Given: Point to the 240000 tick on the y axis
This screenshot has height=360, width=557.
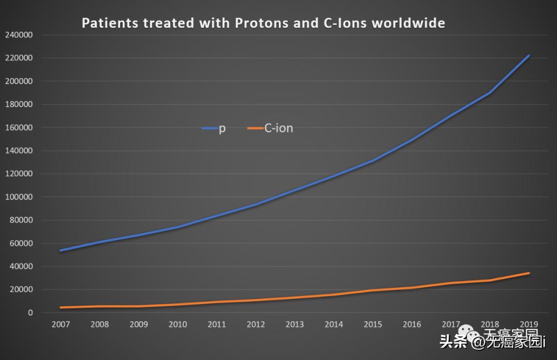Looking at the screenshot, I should [x=19, y=35].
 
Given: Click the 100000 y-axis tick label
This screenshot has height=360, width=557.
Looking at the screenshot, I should [x=19, y=197].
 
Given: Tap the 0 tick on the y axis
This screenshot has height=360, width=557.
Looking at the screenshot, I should [x=31, y=313].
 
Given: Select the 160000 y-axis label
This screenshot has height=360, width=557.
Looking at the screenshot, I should [x=19, y=127].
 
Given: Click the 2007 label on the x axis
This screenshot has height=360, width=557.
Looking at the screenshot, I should [x=60, y=324].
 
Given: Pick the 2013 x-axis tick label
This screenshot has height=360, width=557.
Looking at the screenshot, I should [x=294, y=324].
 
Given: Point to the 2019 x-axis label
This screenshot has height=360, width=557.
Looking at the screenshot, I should [x=529, y=324].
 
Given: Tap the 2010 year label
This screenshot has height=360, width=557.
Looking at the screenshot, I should [x=177, y=324].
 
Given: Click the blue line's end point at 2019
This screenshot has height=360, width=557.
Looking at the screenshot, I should [x=529, y=55].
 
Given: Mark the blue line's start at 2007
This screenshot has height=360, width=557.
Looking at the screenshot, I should [x=60, y=251].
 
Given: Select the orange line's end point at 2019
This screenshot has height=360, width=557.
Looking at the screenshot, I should [x=529, y=273].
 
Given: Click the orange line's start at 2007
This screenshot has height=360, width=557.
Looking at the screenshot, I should [x=60, y=307].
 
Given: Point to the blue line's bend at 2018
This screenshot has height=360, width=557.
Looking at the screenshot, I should [x=490, y=93].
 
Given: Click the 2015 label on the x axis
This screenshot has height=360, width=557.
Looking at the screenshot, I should [x=372, y=324].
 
